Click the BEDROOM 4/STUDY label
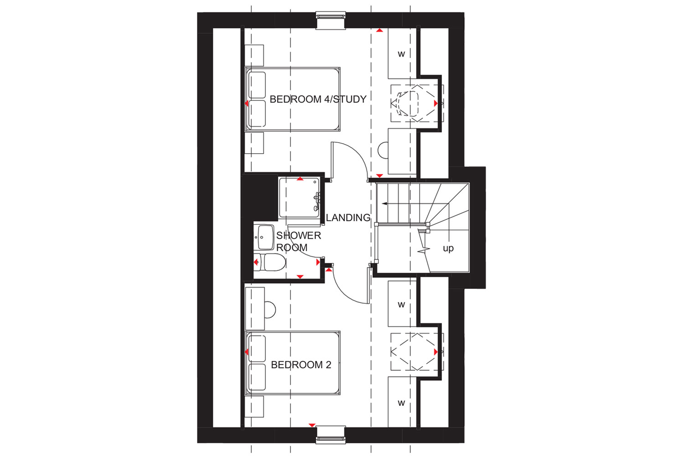[x=318, y=99]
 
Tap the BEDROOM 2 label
[x=301, y=365]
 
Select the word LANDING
[x=348, y=218]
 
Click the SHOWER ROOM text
[x=299, y=241]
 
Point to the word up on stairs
[x=448, y=249]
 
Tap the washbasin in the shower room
[x=265, y=238]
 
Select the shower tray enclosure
[x=300, y=197]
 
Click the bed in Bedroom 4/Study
[x=293, y=99]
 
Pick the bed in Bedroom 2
[x=293, y=363]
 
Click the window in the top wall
[x=331, y=21]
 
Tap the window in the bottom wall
[x=331, y=435]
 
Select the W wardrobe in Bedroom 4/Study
[x=402, y=54]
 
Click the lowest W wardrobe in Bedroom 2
[x=402, y=402]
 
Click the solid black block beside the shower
[x=259, y=196]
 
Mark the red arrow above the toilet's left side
[x=256, y=262]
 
